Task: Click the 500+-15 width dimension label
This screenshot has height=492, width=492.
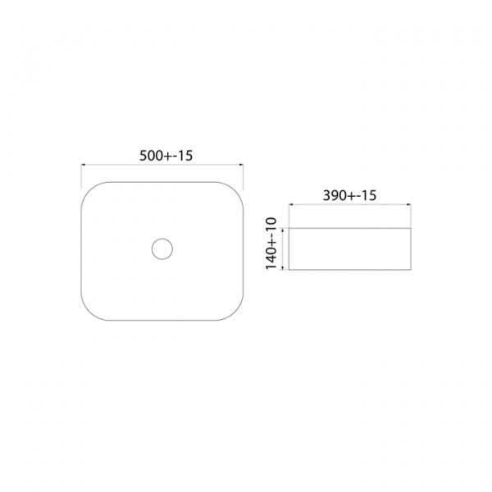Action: [166, 156]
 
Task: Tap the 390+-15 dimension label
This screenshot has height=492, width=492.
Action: [349, 195]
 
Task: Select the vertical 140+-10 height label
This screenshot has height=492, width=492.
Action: [271, 244]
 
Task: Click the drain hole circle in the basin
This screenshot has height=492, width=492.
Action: [162, 248]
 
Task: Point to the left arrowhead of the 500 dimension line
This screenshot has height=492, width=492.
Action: [84, 165]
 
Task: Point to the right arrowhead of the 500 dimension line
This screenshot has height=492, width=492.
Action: [241, 165]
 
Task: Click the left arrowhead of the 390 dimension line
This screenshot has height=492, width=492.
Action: [291, 204]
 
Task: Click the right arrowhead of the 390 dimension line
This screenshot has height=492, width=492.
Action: [408, 204]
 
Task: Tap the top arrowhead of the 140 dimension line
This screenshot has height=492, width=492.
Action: [284, 230]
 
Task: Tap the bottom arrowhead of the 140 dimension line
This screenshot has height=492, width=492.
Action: [284, 267]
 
